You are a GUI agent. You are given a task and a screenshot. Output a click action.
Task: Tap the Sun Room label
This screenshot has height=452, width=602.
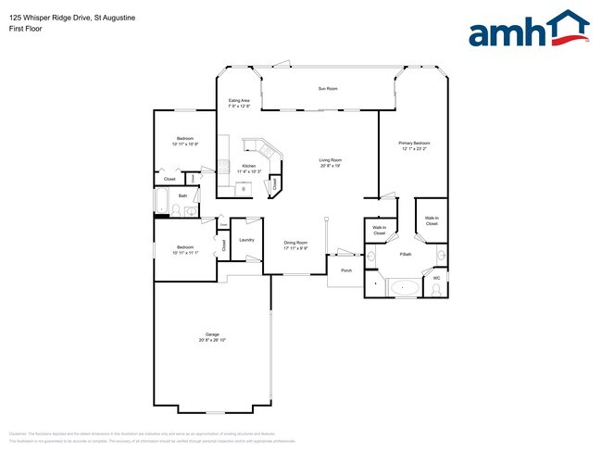pos(328,89)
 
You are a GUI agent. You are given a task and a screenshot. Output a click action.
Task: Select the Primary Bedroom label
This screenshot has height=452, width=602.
pos(415,143)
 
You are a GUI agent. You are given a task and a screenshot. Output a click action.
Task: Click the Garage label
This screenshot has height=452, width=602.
pos(212,334)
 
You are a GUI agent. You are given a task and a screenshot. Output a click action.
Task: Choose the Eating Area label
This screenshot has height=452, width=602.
pos(239,100)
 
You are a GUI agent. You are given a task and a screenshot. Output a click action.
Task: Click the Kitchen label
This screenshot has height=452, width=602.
pos(249,166)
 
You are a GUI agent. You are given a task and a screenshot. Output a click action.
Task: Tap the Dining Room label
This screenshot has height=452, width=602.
pos(295,243)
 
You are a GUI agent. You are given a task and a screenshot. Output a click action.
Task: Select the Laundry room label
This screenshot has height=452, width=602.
pos(246,240)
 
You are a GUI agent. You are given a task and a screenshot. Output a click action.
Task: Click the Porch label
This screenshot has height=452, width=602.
pos(346,270)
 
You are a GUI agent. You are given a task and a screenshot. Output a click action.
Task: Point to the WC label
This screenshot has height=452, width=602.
pos(436,277)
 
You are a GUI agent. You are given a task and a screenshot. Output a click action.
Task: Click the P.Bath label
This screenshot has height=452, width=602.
pos(405,254)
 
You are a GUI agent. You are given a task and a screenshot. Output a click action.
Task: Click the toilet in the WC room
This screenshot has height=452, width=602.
pos(435,290)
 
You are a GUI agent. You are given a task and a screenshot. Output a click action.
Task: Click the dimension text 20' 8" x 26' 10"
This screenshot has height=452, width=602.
pos(212,341)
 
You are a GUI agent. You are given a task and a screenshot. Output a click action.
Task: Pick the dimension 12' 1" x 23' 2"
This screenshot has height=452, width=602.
pos(415,148)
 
